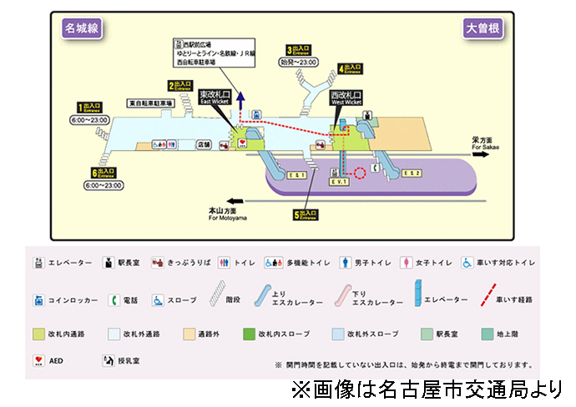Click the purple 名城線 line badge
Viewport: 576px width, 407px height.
click(x=82, y=28)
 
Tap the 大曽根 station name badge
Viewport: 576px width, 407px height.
click(x=484, y=28)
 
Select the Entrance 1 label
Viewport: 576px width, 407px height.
click(x=89, y=108)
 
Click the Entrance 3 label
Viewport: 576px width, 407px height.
click(x=298, y=50)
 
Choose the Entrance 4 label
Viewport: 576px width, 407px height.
click(x=351, y=68)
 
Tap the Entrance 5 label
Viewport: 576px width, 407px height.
click(x=306, y=215)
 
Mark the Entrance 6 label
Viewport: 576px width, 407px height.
click(x=104, y=173)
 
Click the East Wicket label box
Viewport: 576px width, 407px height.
click(x=215, y=98)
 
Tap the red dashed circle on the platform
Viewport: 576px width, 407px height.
click(x=360, y=174)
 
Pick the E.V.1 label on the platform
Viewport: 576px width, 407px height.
click(x=338, y=181)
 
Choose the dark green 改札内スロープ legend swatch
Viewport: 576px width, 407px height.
click(x=249, y=334)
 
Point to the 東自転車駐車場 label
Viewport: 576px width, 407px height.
click(x=150, y=103)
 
